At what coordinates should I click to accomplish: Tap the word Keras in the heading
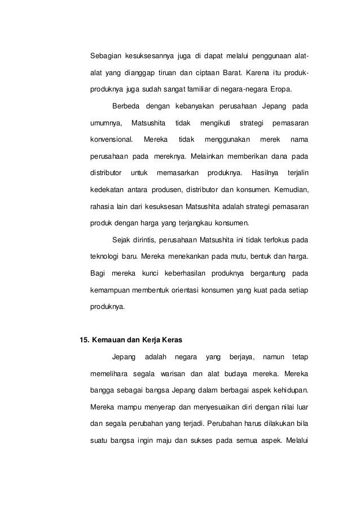[x=172, y=340]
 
